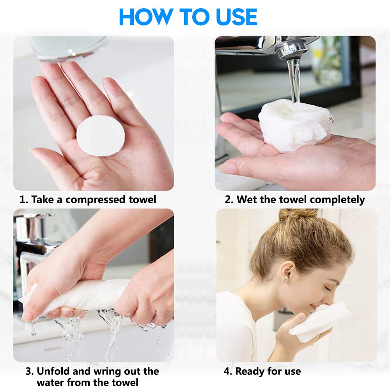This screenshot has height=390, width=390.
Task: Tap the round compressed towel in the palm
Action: (x=100, y=136)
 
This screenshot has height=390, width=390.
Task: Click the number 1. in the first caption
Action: (x=24, y=200)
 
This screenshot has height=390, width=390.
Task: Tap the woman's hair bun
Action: (x=298, y=214)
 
